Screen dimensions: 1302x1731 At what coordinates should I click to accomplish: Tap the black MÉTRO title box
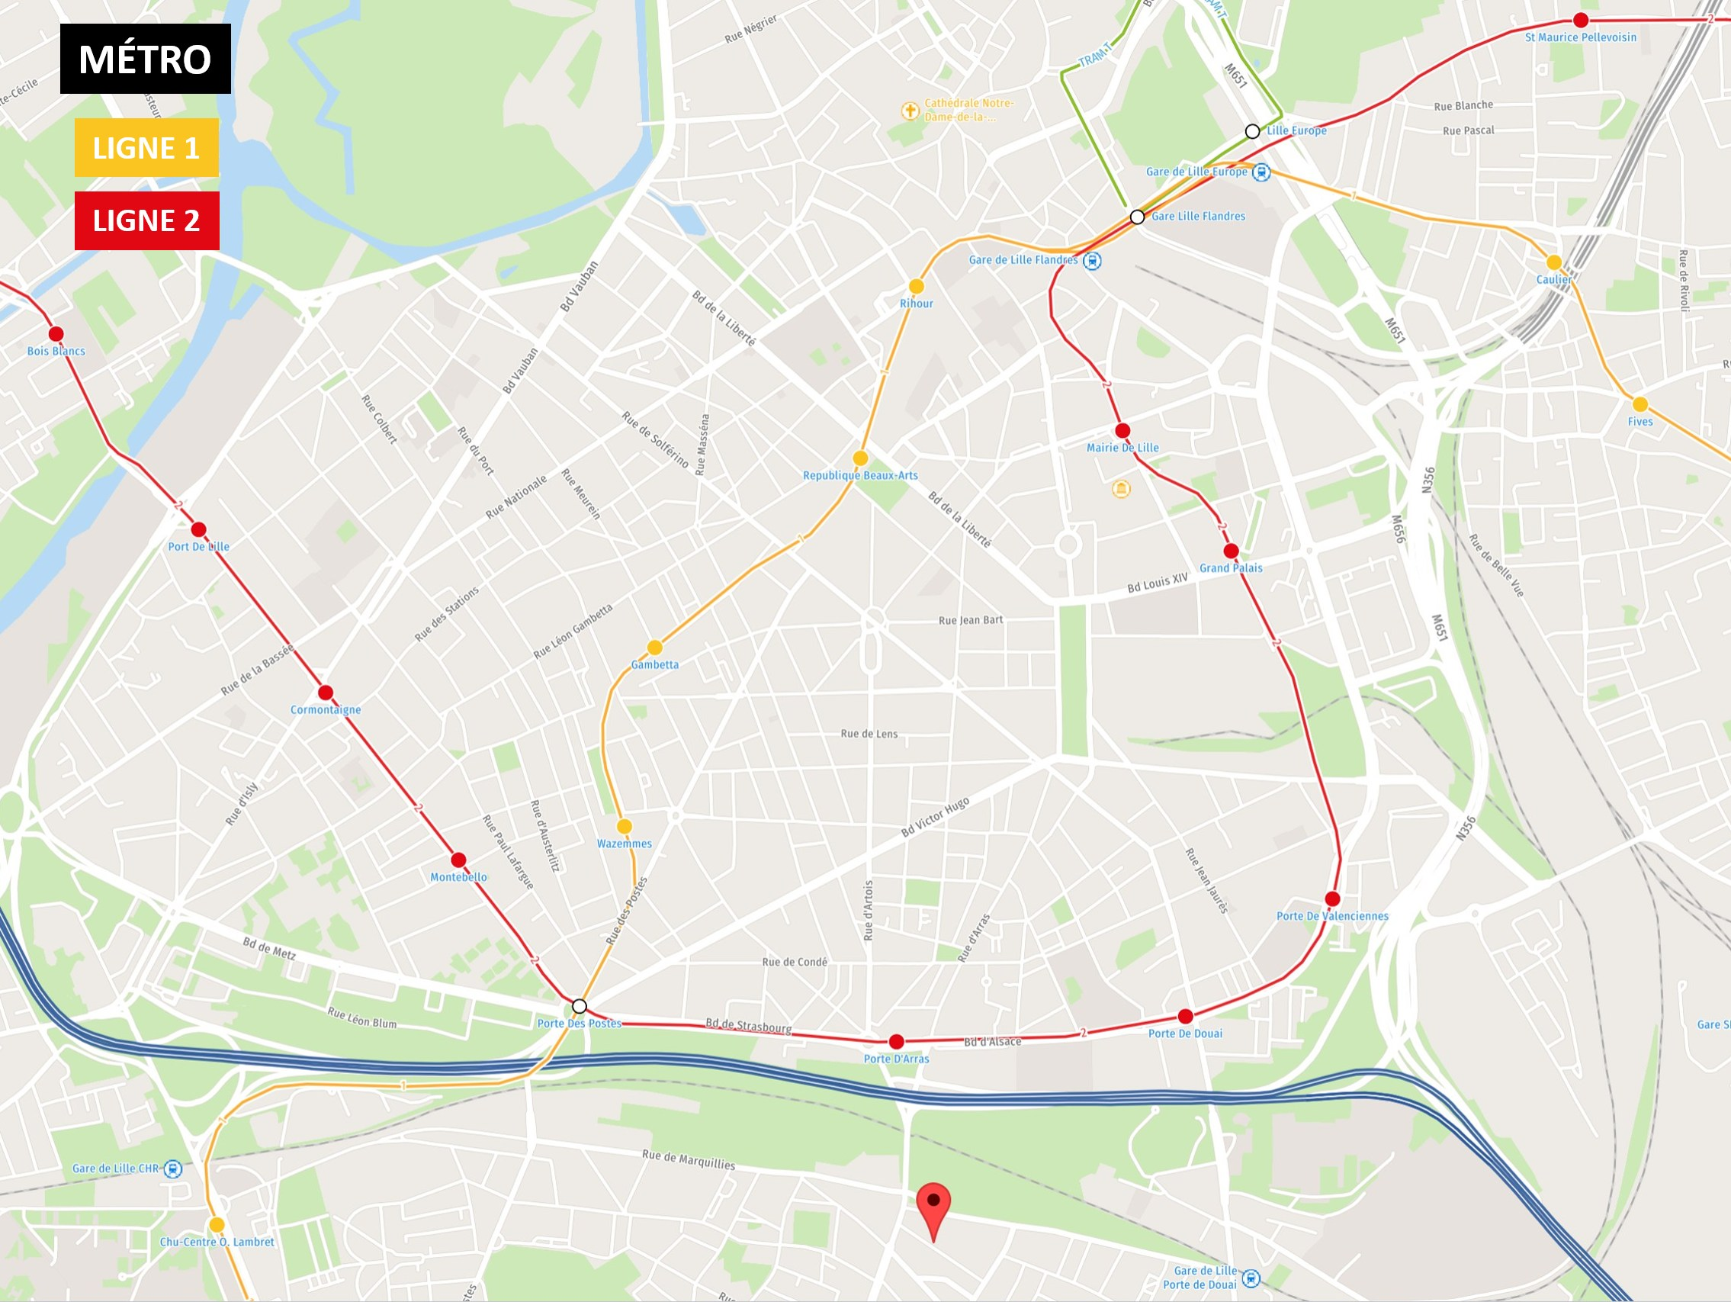tap(146, 59)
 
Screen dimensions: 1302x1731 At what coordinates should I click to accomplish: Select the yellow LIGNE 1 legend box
tap(146, 147)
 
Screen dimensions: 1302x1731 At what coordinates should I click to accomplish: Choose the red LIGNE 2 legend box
tap(146, 220)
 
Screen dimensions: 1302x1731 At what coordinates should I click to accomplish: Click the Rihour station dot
tap(917, 287)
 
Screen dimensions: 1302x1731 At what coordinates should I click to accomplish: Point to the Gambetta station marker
tap(655, 648)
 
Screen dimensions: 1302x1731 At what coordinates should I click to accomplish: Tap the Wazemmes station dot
tap(625, 826)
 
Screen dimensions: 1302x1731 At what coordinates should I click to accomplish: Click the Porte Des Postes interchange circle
tap(579, 1006)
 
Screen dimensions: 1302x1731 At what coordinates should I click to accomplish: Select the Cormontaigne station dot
tap(326, 692)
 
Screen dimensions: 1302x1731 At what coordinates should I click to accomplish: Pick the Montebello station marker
tap(458, 860)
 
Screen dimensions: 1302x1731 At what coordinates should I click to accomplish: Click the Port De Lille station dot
tap(199, 529)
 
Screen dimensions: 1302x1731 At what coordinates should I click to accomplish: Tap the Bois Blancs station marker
tap(56, 334)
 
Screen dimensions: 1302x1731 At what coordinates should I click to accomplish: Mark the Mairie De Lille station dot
tap(1122, 431)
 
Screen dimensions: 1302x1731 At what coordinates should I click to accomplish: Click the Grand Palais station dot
tap(1231, 551)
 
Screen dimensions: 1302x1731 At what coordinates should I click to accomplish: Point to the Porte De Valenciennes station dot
tap(1333, 899)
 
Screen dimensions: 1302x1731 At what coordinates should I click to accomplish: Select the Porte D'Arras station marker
tap(897, 1041)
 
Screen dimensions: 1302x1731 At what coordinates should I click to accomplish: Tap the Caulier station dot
tap(1554, 262)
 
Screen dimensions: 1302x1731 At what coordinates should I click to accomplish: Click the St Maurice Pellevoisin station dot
tap(1581, 21)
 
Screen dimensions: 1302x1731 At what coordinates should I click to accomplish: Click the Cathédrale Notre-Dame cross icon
tap(909, 111)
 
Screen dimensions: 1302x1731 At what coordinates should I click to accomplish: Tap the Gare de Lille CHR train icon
tap(173, 1169)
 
